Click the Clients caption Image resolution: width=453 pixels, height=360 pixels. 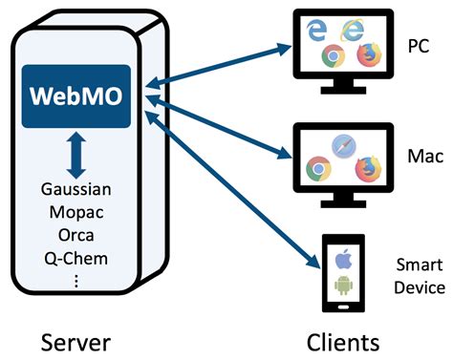[342, 339]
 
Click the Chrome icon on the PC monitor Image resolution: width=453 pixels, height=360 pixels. [334, 56]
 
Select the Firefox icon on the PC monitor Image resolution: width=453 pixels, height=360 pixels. [366, 55]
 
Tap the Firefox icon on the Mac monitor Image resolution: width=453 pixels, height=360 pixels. [368, 168]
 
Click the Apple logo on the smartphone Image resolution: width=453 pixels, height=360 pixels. [343, 257]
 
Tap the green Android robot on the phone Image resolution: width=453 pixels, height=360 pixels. [343, 285]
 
